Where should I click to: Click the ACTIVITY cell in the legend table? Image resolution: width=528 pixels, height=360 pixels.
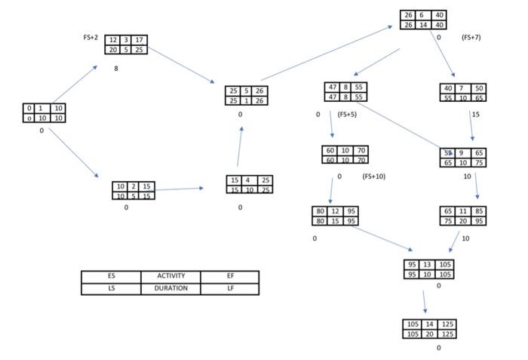coord(170,276)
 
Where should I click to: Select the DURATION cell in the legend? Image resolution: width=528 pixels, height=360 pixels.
coord(170,288)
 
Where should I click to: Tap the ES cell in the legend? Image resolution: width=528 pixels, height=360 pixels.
coord(111,276)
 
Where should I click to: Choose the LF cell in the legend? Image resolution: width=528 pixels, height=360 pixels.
coord(230,288)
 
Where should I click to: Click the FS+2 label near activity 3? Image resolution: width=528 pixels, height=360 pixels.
coord(91,37)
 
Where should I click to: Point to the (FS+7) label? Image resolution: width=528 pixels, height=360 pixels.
coord(471,37)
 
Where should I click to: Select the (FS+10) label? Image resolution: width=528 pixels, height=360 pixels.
coord(373,177)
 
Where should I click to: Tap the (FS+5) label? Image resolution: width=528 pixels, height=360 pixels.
coord(346,115)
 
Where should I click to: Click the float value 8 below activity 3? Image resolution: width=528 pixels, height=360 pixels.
coord(116,69)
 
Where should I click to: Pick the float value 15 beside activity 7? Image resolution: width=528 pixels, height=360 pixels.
coord(475,115)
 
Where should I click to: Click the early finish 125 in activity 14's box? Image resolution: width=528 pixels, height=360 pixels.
coord(448,324)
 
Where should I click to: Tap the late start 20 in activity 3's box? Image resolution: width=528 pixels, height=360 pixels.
coord(112,50)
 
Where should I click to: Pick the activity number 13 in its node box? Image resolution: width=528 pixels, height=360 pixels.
coord(428,265)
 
